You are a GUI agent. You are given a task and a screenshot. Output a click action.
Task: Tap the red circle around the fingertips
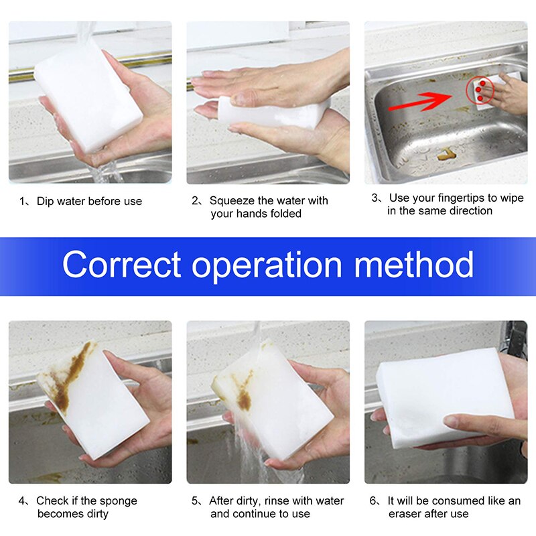[481, 89]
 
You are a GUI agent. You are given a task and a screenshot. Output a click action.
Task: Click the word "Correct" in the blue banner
[121, 265]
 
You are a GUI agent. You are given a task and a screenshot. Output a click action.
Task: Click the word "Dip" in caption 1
[45, 201]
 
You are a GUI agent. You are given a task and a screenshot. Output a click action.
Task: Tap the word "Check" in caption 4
[52, 501]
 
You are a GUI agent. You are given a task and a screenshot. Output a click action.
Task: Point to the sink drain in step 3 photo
[444, 155]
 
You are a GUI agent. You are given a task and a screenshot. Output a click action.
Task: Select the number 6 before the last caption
[373, 501]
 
